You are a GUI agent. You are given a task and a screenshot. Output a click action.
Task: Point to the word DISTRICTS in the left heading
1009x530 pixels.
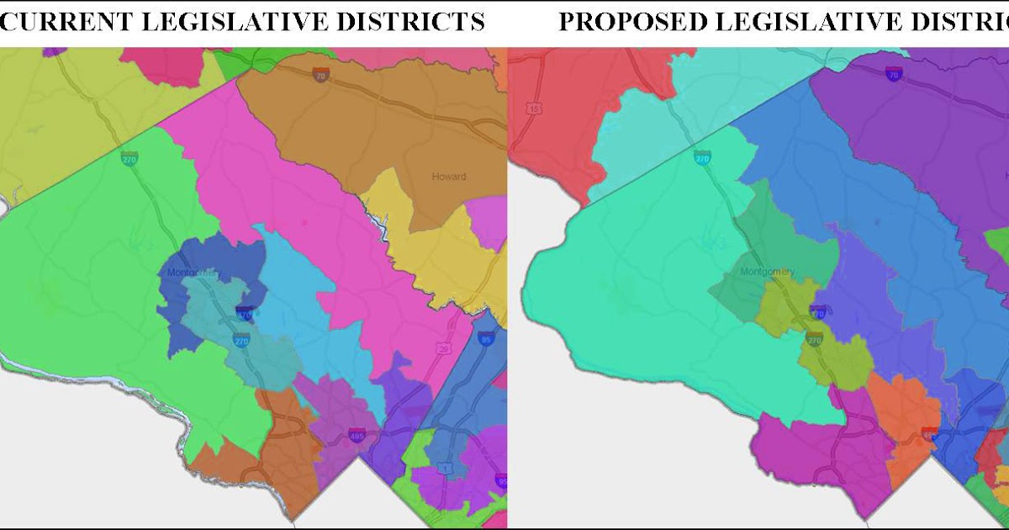click(x=418, y=21)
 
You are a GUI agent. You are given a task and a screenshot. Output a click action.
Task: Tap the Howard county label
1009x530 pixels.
click(x=448, y=177)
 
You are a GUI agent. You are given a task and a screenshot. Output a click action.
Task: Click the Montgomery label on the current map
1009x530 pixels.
click(x=193, y=273)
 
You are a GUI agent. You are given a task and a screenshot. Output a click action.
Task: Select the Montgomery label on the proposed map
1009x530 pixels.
click(x=767, y=272)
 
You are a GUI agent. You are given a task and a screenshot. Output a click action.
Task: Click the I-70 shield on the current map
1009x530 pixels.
click(x=320, y=76)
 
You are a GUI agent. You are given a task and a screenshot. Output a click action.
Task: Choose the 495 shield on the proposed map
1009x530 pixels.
click(x=929, y=436)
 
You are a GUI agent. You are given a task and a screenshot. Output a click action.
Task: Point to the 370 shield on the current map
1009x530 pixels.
click(x=245, y=315)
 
